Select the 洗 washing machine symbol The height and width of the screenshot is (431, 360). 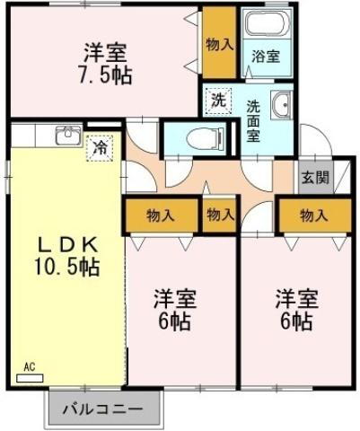coord(218,100)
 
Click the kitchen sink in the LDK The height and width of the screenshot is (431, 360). coord(66,136)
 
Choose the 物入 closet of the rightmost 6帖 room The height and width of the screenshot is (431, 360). coord(313,215)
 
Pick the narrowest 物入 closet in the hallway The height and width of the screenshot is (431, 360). coord(220,215)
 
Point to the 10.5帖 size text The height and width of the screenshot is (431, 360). coord(68,267)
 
